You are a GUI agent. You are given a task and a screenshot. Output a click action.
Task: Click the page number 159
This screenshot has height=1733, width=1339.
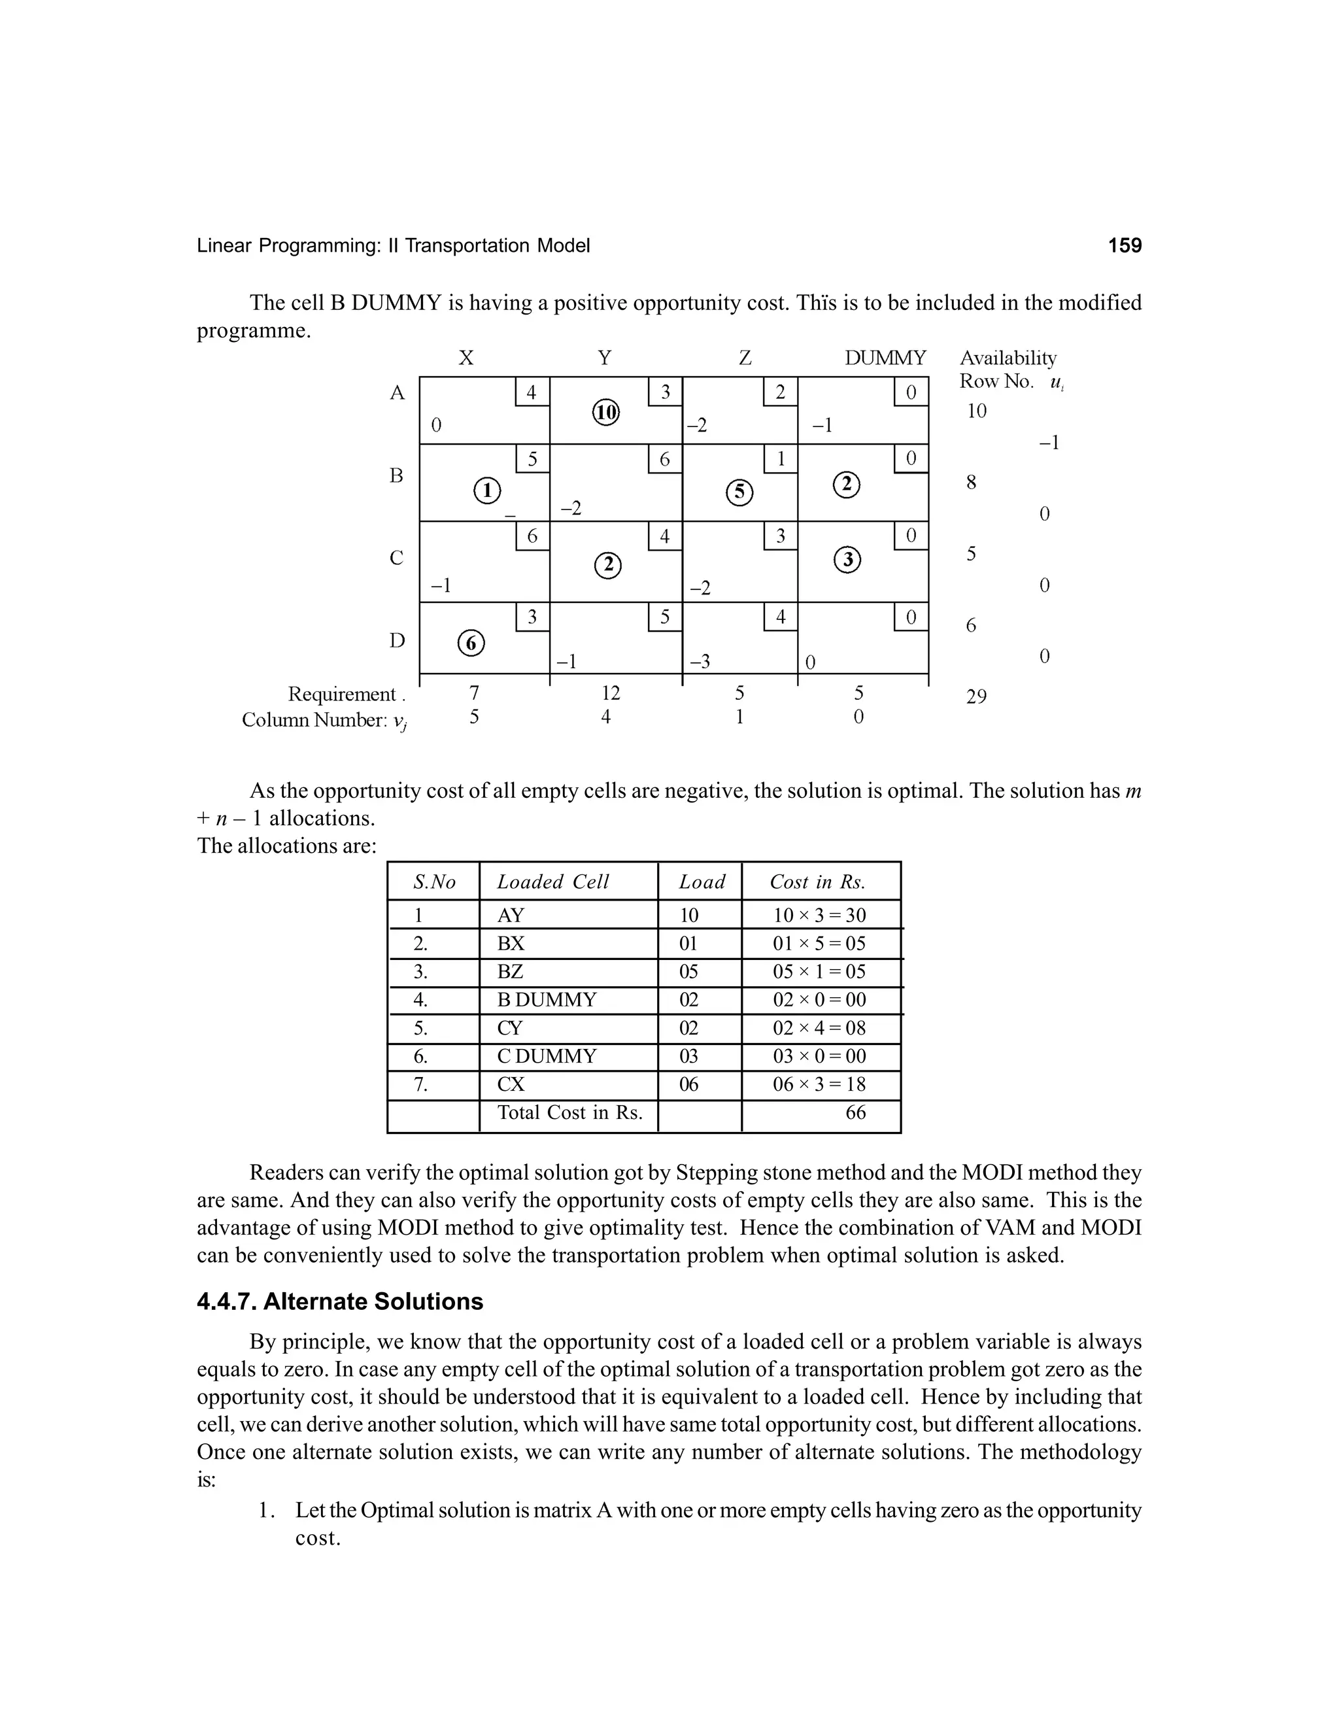1124,246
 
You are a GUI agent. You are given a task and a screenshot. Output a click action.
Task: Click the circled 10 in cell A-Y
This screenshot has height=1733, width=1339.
606,413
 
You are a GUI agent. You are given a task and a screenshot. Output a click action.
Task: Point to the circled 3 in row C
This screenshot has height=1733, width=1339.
847,560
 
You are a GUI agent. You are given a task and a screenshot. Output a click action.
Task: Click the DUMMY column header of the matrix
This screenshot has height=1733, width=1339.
885,358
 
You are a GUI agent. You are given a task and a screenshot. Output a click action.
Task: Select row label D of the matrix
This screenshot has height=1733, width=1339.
397,640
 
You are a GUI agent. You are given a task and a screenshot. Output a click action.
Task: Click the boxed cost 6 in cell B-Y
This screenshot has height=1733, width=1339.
665,458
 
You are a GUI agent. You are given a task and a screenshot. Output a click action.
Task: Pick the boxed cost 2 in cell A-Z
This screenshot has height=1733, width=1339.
781,392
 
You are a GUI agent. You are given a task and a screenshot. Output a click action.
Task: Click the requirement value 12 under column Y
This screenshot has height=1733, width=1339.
610,693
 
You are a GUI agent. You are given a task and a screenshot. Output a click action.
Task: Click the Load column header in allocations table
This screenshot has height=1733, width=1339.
702,882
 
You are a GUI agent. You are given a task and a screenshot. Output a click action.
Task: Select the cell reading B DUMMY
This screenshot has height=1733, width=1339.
547,1000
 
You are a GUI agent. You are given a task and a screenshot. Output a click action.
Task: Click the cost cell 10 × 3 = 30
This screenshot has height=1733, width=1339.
819,915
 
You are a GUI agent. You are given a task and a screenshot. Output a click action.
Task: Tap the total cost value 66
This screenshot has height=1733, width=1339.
855,1112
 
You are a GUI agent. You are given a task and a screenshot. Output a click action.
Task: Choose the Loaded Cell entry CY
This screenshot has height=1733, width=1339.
510,1029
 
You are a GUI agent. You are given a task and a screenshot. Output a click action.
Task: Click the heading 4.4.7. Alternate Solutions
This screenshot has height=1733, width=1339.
339,1301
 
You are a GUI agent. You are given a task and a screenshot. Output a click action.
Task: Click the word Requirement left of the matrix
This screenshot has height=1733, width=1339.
342,695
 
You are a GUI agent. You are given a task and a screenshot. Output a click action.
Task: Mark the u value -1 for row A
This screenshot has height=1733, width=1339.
1049,443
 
